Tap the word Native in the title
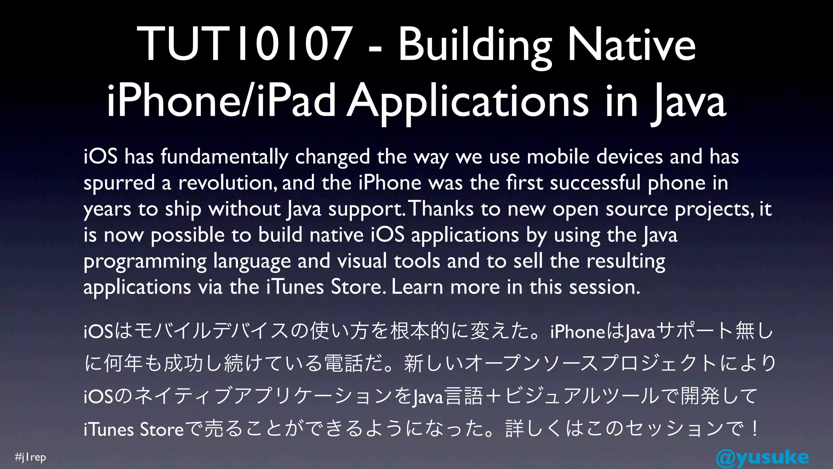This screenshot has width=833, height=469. [631, 44]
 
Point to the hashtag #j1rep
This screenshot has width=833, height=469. [31, 457]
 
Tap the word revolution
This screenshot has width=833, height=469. [227, 183]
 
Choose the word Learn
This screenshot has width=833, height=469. [417, 287]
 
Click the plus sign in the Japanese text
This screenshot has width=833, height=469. [493, 396]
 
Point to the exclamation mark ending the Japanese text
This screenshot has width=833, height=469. [755, 429]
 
